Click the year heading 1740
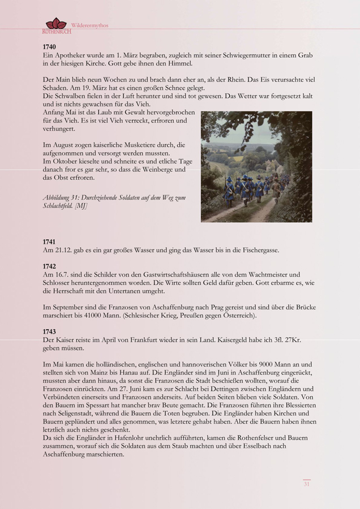click(49, 46)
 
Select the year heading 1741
click(49, 241)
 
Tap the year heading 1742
click(49, 266)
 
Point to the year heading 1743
click(49, 331)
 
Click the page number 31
click(306, 484)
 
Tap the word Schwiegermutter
click(229, 55)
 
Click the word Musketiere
click(134, 145)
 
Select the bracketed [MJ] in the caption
click(81, 206)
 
